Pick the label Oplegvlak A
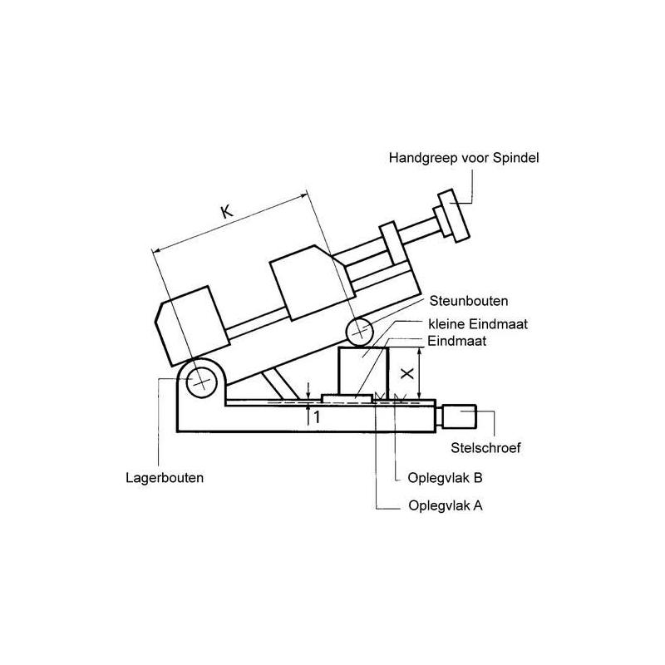point(446,505)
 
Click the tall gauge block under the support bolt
point(362,372)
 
